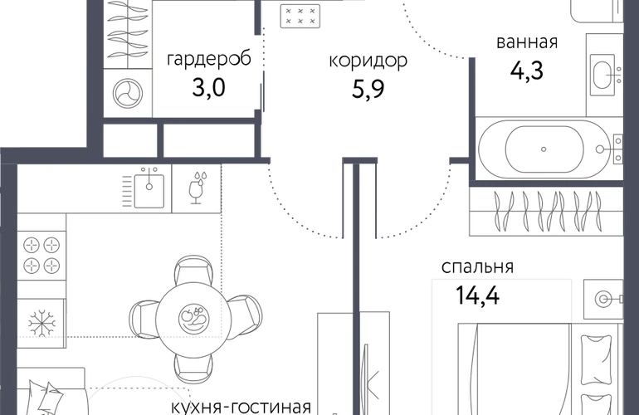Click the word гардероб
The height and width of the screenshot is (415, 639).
209,60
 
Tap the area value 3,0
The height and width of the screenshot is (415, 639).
208,88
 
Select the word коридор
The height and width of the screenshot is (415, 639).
368,61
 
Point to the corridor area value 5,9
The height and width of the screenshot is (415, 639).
368,90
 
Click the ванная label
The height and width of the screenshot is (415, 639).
527,42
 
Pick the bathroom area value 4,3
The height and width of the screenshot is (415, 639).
527,71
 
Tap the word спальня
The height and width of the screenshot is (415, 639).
478,267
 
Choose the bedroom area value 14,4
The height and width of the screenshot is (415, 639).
478,295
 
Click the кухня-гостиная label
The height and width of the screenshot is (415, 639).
241,408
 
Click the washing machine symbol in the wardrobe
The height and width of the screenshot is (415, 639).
128,93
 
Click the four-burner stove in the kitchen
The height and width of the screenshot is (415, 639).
41,256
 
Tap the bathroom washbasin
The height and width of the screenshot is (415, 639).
604,75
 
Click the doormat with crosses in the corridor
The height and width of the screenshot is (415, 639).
300,17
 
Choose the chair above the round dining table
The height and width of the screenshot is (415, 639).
193,271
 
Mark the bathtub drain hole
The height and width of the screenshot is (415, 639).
544,149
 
